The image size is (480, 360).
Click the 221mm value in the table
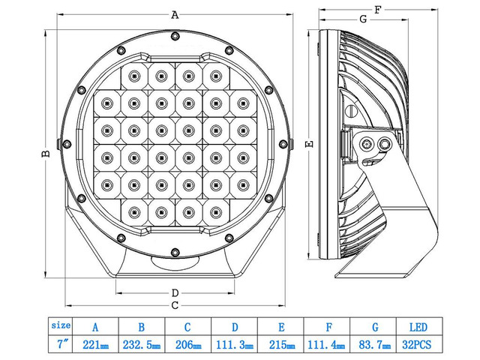click(95, 346)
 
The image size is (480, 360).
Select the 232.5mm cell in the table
click(142, 346)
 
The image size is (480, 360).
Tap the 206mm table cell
click(188, 346)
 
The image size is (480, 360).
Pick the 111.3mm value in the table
click(235, 346)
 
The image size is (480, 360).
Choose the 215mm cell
click(280, 346)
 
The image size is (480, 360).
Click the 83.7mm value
click(373, 346)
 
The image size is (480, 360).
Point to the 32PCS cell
click(418, 346)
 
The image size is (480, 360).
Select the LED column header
click(418, 327)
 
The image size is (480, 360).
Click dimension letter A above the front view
click(175, 14)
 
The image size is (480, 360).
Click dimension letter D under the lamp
click(174, 292)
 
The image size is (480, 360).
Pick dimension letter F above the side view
click(378, 10)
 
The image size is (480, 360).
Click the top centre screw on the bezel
click(174, 36)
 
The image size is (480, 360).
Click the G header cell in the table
click(373, 327)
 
